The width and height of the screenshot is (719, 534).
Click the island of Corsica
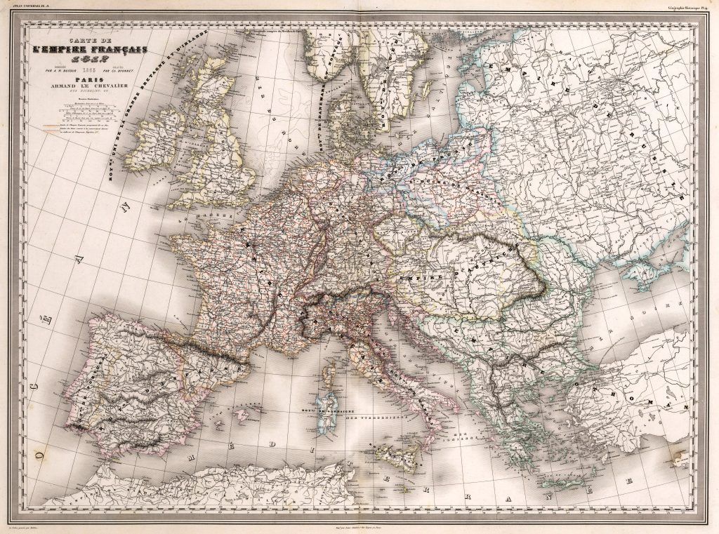[327, 379]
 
